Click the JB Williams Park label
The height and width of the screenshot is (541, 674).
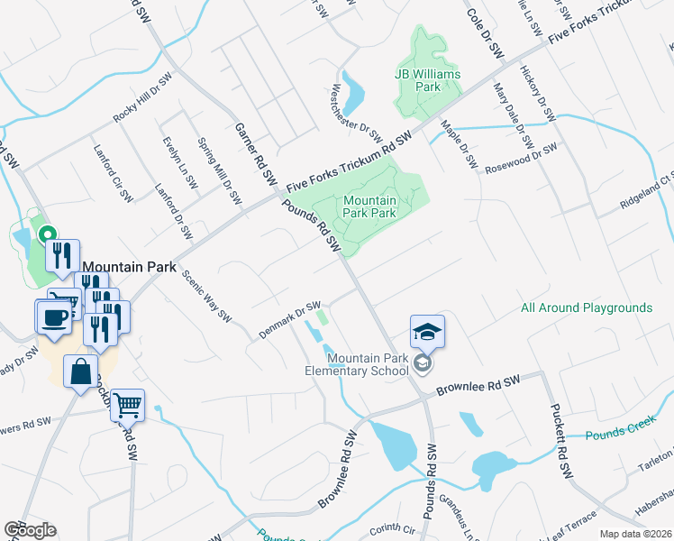[428, 80]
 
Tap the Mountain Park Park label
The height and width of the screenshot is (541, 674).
[369, 207]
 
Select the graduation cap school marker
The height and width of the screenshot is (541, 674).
[427, 333]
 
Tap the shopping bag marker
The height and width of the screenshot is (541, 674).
[81, 371]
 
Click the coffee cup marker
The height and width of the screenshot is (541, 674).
[54, 317]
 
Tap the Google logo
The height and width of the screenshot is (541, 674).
[30, 530]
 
